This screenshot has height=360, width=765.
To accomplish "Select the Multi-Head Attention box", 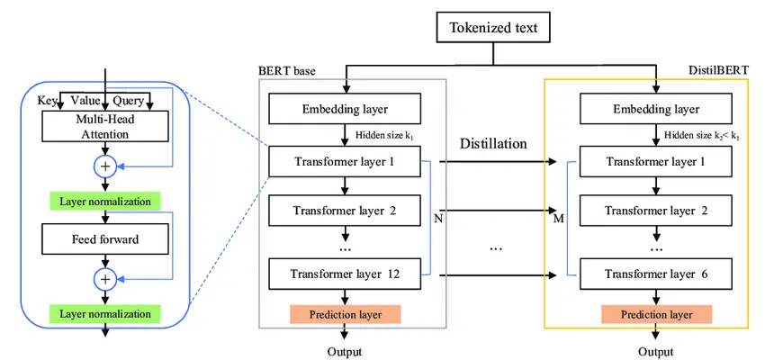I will click(105, 127).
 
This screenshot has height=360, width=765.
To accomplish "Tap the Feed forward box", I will click(105, 240).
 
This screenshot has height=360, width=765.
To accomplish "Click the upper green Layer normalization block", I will click(105, 201).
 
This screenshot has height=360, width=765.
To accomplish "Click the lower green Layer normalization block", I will click(105, 314).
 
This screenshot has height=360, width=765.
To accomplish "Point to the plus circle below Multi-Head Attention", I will click(105, 166).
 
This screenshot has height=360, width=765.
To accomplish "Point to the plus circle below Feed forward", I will click(105, 280).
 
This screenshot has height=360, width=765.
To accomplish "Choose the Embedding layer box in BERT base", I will click(345, 110).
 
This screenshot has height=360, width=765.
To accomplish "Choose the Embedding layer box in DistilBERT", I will click(655, 110).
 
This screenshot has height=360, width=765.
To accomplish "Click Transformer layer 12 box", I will click(345, 274).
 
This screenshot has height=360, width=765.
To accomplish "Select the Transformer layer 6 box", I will click(655, 274).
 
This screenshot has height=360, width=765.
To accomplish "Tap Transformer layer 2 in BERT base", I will click(345, 211).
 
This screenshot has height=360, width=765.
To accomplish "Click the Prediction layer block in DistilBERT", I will click(655, 314).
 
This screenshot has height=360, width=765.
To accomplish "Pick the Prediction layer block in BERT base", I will click(345, 314).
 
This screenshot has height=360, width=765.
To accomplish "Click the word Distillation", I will click(493, 144).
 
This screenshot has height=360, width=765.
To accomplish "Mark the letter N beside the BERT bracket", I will click(438, 217).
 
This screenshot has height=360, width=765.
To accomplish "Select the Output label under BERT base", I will click(345, 350).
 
